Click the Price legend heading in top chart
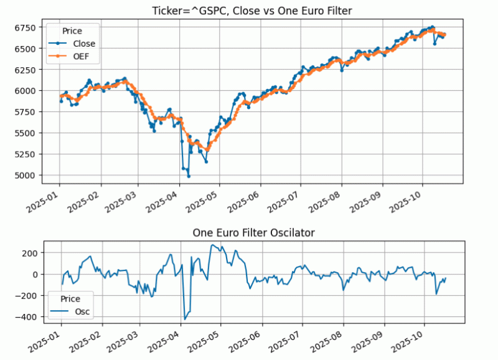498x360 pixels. [x=72, y=31]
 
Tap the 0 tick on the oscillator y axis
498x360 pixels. [x=37, y=274]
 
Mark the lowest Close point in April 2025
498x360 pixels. [x=189, y=176]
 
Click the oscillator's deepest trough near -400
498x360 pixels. [x=184, y=319]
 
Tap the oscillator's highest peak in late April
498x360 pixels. [x=212, y=245]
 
